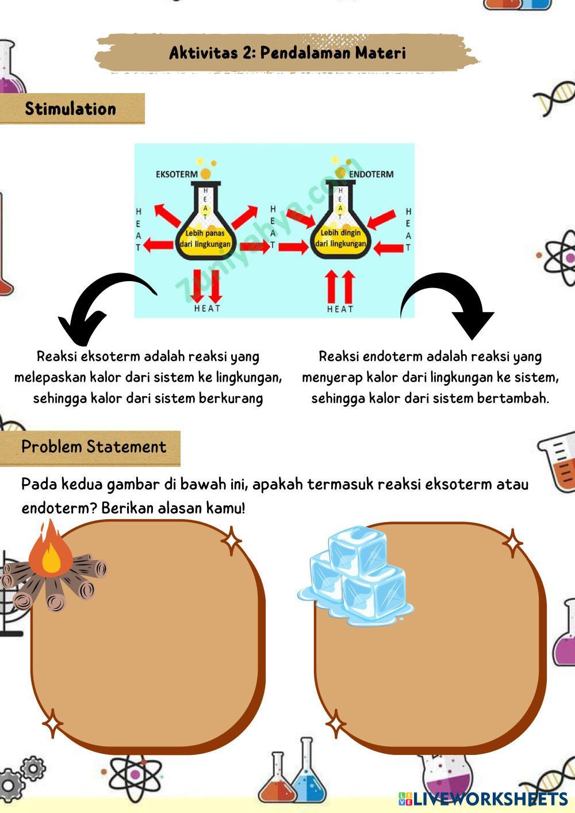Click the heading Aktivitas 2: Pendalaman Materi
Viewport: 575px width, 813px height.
click(287, 53)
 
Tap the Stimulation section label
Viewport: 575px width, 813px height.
click(70, 109)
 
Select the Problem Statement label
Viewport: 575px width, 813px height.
click(93, 447)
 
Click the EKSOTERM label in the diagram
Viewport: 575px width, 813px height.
click(177, 174)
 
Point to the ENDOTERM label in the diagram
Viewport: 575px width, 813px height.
click(371, 174)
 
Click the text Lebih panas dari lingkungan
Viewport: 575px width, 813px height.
click(205, 238)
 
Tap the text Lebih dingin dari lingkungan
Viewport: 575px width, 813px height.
click(340, 238)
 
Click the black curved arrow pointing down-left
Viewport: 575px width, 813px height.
click(101, 305)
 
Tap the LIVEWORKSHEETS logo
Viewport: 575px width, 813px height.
click(483, 799)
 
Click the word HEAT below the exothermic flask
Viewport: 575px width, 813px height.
click(207, 308)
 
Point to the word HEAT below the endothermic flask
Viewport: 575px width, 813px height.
click(340, 309)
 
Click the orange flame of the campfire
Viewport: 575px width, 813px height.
click(51, 549)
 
